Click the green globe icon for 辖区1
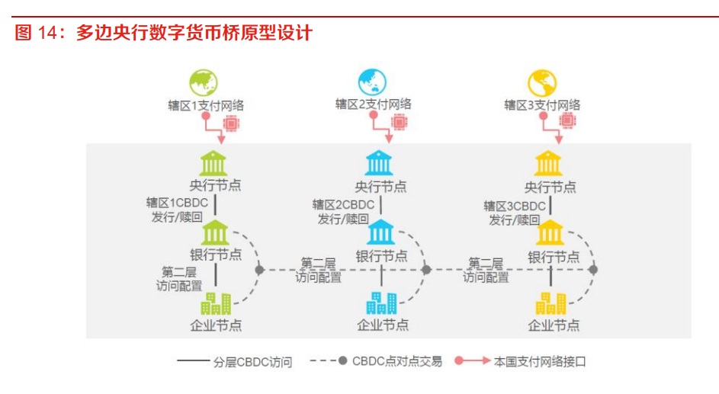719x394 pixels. pyautogui.click(x=204, y=82)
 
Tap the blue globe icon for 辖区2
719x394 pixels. pyautogui.click(x=372, y=82)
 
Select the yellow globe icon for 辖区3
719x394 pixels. pyautogui.click(x=541, y=83)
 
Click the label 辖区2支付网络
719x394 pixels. pyautogui.click(x=374, y=104)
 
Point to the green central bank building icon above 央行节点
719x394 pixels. pyautogui.click(x=213, y=163)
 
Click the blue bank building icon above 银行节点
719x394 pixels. pyautogui.click(x=380, y=232)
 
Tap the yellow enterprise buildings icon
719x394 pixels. pyautogui.click(x=550, y=303)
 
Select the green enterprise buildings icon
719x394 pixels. pyautogui.click(x=216, y=303)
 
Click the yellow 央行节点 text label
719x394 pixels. pyautogui.click(x=550, y=187)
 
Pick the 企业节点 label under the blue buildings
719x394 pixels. pyautogui.click(x=383, y=325)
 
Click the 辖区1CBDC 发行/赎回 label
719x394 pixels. pyautogui.click(x=177, y=210)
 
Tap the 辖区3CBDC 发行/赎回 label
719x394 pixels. pyautogui.click(x=515, y=213)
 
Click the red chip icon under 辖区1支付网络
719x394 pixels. pyautogui.click(x=231, y=123)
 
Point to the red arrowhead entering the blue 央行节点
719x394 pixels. pyautogui.click(x=389, y=138)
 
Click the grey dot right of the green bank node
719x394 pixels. pyautogui.click(x=259, y=270)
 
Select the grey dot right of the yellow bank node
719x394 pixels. pyautogui.click(x=593, y=270)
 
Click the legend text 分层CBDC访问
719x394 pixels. pyautogui.click(x=252, y=363)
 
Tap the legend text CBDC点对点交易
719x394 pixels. pyautogui.click(x=397, y=361)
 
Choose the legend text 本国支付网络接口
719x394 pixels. pyautogui.click(x=540, y=361)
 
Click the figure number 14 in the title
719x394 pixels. pyautogui.click(x=47, y=33)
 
